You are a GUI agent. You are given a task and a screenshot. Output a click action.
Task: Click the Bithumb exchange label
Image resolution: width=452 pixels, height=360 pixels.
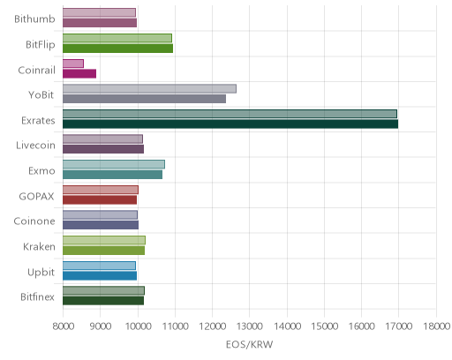(34, 19)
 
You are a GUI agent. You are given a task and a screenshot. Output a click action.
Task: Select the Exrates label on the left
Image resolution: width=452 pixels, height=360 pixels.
(38, 121)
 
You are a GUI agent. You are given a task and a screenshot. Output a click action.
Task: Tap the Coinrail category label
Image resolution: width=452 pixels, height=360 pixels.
(37, 70)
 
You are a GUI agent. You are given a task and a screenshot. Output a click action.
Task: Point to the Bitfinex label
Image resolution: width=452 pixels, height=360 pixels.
(37, 297)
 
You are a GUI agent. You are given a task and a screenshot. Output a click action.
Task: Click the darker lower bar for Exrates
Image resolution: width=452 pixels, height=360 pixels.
(230, 124)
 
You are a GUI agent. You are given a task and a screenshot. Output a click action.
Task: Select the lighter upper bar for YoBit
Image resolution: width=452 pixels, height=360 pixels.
(149, 88)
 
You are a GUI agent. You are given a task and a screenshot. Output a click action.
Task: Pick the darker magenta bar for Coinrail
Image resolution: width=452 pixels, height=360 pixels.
(79, 73)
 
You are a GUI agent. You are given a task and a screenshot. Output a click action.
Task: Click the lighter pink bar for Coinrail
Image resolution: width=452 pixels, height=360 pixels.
(73, 64)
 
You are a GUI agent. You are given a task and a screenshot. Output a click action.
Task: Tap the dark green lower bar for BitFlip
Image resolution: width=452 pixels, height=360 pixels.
(117, 49)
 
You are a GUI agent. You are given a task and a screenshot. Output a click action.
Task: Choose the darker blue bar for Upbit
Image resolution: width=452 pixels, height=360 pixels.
(100, 276)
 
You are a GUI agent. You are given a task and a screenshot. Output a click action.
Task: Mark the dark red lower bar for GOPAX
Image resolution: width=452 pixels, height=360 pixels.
(100, 200)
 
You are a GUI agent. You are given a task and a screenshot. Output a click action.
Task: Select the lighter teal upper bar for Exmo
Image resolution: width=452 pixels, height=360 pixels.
(114, 164)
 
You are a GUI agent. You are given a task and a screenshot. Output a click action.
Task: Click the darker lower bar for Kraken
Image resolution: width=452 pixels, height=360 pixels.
(103, 251)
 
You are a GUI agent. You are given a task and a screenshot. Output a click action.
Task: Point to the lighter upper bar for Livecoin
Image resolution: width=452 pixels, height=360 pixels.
(102, 139)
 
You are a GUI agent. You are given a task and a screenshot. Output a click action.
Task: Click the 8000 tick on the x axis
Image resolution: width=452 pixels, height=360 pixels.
(64, 326)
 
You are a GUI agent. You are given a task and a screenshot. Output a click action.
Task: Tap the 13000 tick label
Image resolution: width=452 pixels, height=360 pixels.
(249, 326)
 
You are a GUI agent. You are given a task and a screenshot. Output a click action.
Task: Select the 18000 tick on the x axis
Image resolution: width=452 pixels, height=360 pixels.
(436, 326)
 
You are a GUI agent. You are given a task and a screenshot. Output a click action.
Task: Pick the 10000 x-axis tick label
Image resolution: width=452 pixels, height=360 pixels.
(138, 326)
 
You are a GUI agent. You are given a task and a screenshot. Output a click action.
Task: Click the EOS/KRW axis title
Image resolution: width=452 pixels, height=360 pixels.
(250, 344)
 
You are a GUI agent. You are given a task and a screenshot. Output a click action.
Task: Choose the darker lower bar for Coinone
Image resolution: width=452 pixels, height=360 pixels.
(101, 225)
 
